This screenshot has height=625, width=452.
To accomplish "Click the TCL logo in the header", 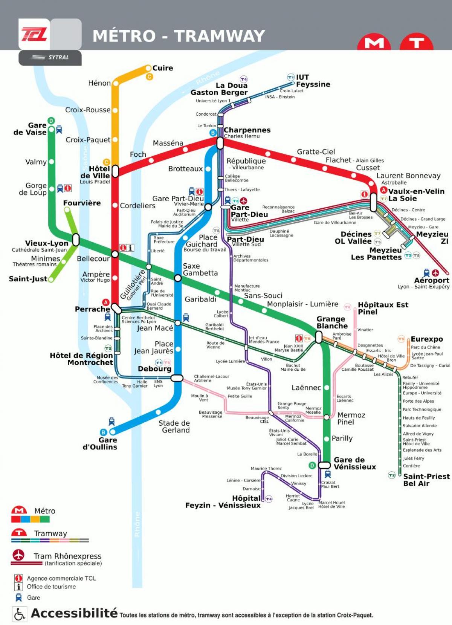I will click(x=34, y=34).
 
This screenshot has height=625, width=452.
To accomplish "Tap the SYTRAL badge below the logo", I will click(x=50, y=58).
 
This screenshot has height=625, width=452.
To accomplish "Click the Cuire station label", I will click(x=163, y=68).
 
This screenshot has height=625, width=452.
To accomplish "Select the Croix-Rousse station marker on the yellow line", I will click(x=115, y=110).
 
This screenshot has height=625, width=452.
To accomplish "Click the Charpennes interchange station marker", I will click(x=220, y=143).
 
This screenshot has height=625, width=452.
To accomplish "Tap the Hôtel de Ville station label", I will click(x=95, y=172).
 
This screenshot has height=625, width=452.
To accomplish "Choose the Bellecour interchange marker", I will click(x=115, y=254).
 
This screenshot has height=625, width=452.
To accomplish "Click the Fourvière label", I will click(x=82, y=203).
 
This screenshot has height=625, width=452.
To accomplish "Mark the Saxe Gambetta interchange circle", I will click(x=178, y=278).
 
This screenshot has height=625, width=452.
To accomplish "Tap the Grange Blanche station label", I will click(x=332, y=322).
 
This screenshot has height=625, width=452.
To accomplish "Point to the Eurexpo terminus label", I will click(x=427, y=339).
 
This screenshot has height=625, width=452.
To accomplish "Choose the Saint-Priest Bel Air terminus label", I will click(x=426, y=480).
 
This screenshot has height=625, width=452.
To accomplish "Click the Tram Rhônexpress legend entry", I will click(x=67, y=556).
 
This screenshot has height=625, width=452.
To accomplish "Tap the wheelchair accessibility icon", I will click(x=19, y=614).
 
